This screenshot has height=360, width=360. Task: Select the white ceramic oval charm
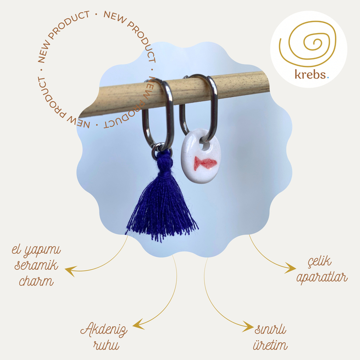coord(201,156)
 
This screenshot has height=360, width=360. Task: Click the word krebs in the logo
coord(310,74)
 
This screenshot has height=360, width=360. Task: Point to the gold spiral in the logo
coord(308,44)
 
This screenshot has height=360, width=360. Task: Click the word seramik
coord(36,265)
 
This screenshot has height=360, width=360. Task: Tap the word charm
coord(36,281)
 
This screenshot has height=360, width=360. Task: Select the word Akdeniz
coord(104,330)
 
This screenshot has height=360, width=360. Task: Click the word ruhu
coord(106,345)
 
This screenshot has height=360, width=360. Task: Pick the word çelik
coord(320,262)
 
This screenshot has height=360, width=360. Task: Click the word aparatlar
coord(322,277)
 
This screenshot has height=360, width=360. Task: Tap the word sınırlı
coord(270,330)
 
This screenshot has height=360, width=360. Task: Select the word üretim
coord(270,345)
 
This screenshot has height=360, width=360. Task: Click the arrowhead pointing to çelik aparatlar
coord(291,268)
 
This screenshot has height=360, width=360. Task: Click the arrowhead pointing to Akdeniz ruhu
coord(138,324)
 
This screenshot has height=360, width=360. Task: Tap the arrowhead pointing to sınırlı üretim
coord(249,326)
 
